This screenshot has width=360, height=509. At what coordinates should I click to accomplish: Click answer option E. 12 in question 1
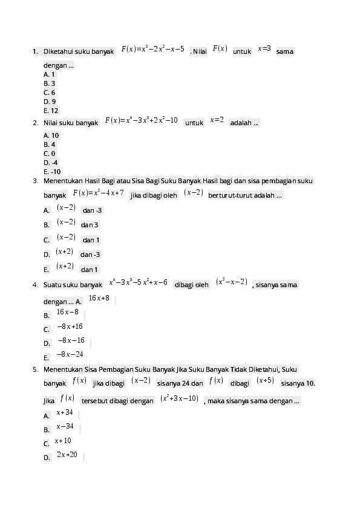[x=51, y=111]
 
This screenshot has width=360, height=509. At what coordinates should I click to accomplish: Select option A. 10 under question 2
[x=51, y=135]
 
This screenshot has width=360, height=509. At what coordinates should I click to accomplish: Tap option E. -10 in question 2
[x=52, y=172]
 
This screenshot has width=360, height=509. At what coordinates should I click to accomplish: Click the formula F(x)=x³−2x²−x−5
[x=152, y=49]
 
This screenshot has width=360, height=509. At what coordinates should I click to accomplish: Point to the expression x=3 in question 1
[x=264, y=49]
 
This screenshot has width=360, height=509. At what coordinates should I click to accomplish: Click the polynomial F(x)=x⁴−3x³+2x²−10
[x=142, y=120]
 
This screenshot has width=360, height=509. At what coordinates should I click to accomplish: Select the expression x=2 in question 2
[x=217, y=120]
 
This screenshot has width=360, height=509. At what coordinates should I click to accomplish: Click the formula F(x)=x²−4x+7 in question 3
[x=98, y=193]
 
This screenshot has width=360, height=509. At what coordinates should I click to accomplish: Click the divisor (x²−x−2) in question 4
[x=232, y=282]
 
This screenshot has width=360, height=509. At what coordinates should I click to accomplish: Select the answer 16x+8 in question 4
[x=99, y=298]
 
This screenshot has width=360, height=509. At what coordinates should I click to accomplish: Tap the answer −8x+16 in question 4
[x=70, y=326]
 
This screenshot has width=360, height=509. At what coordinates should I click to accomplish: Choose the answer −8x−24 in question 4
[x=70, y=354]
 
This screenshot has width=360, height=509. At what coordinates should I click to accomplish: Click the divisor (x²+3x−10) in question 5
[x=179, y=398]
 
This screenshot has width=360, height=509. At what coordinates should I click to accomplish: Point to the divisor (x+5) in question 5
[x=265, y=380]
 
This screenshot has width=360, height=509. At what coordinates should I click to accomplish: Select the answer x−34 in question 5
[x=65, y=426]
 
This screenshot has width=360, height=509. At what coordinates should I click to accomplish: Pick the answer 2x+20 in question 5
[x=67, y=455]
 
